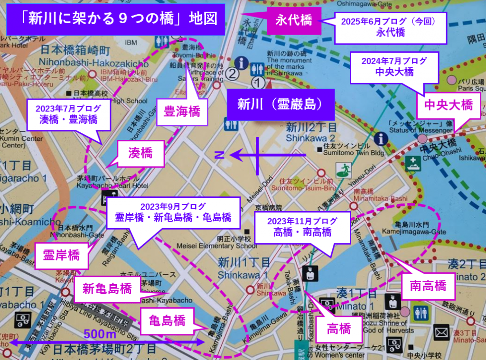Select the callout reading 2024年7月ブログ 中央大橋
click(x=393, y=67)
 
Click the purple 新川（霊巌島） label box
click(x=280, y=104)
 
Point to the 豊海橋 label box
click(x=182, y=112)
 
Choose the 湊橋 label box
click(x=140, y=153)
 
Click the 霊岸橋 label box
click(x=61, y=255)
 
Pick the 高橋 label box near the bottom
click(x=339, y=328)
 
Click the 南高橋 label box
click(x=428, y=286)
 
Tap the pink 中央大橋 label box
click(x=448, y=105)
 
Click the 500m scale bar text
click(x=100, y=333)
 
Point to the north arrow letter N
click(x=219, y=155)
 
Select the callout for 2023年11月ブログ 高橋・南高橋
click(x=302, y=227)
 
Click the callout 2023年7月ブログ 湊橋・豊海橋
click(x=68, y=114)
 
